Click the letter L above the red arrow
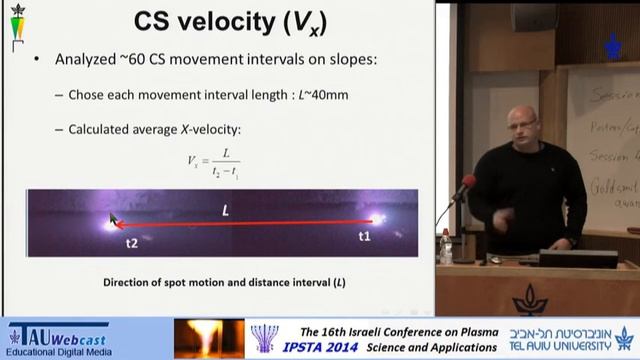[x=226, y=210]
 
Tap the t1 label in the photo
[x=364, y=237]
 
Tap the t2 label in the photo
[x=131, y=242]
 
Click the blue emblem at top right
[x=612, y=46]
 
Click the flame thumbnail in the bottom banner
[x=208, y=338]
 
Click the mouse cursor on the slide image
[x=114, y=219]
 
